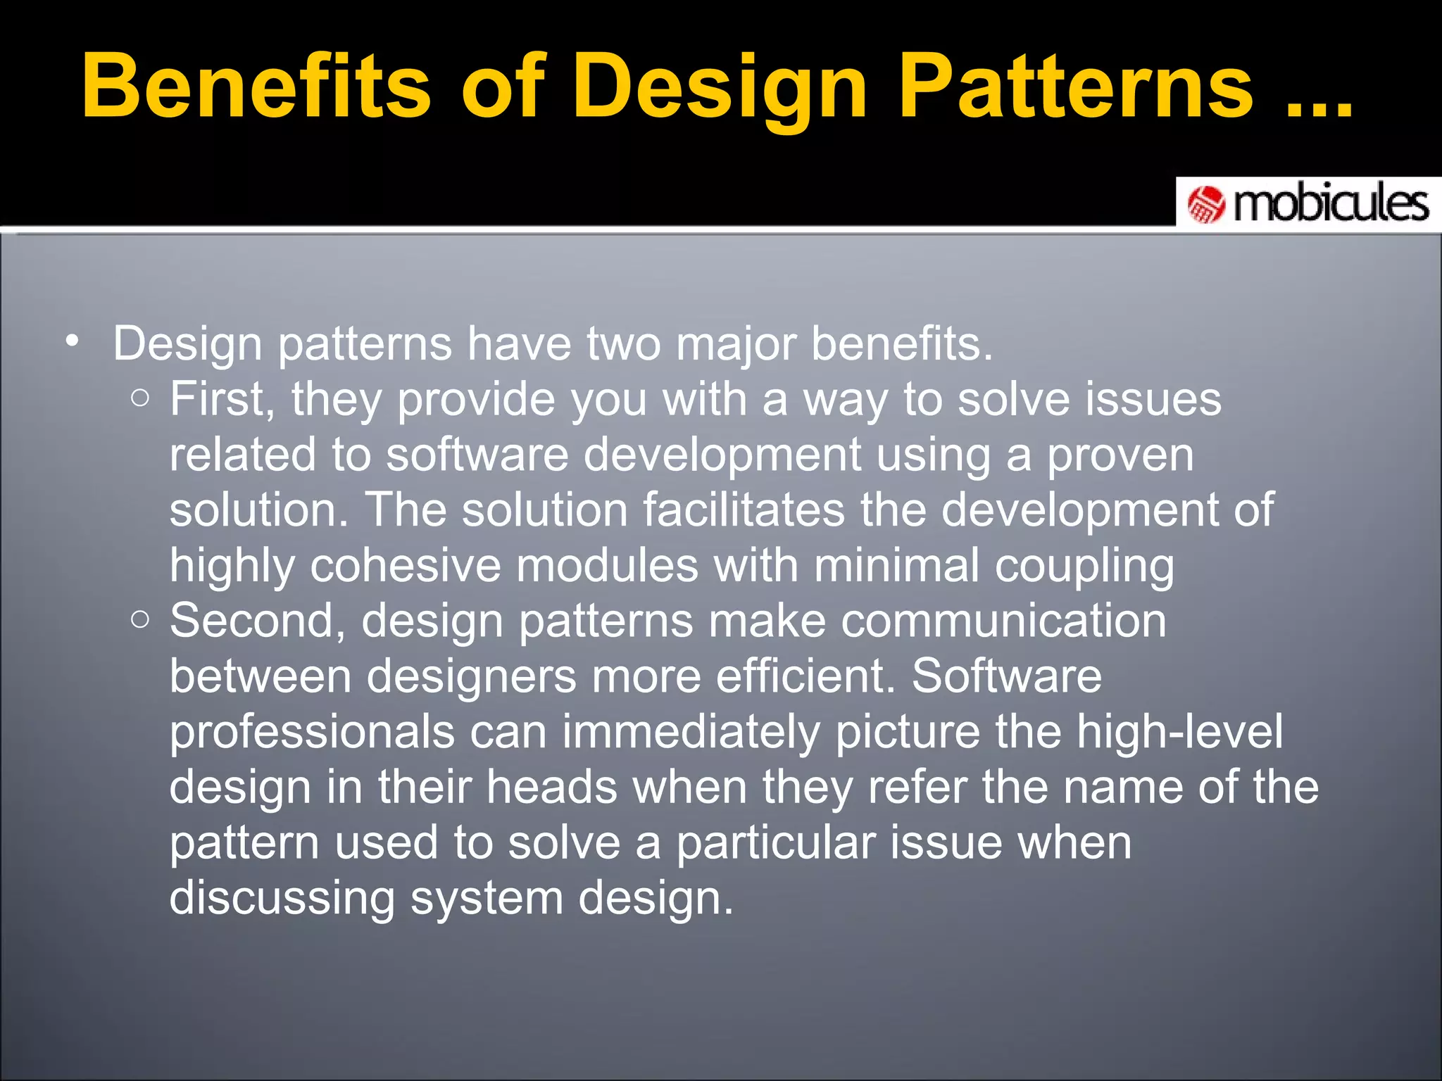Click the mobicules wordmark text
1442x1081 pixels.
coord(1331,204)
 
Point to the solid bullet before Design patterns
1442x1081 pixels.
coord(71,342)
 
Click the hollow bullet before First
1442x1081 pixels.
coord(140,399)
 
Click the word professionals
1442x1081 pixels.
coord(312,733)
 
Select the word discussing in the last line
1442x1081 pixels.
coord(282,899)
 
